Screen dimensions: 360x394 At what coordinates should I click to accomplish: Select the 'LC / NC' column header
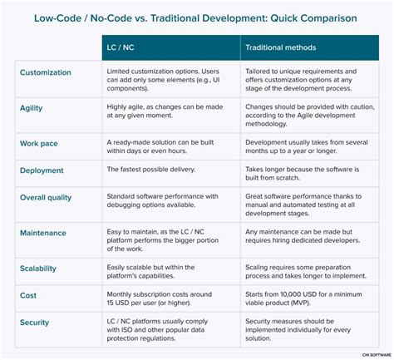click(x=124, y=48)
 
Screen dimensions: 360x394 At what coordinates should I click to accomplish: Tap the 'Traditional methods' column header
click(x=280, y=48)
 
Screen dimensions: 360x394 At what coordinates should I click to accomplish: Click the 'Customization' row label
click(x=52, y=73)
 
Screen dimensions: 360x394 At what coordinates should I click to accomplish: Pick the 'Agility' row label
click(x=32, y=108)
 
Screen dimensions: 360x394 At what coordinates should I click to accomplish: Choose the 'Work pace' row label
click(x=40, y=143)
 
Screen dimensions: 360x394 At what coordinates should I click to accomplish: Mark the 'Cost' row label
click(x=28, y=295)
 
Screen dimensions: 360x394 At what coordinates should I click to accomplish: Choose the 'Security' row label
click(x=35, y=322)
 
